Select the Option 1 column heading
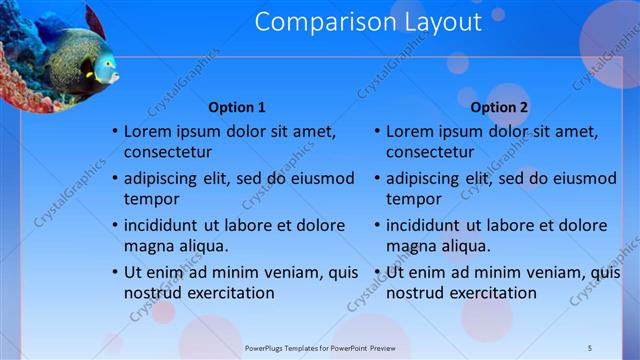pos(237,107)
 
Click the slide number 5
pos(589,347)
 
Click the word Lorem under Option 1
pos(148,131)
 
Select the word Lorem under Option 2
pos(410,131)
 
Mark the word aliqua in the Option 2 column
pos(461,246)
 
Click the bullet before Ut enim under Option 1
pos(114,272)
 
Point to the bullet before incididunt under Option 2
pos(376,225)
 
